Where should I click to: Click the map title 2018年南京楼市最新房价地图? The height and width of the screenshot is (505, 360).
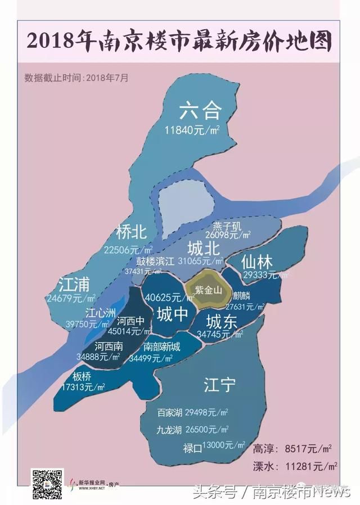coord(179,42)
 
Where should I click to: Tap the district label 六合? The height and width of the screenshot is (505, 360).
coord(200,111)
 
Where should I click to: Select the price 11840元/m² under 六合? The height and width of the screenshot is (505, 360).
coord(191,130)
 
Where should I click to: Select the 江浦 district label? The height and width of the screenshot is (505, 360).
coord(74,283)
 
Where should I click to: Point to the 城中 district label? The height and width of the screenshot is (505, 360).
coord(172,314)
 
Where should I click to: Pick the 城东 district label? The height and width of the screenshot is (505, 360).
coord(220,322)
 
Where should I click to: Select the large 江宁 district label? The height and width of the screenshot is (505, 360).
coord(219,385)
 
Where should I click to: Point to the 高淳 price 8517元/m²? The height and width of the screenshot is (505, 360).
coord(309,449)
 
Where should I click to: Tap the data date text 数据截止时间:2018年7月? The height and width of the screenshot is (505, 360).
coord(76,78)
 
